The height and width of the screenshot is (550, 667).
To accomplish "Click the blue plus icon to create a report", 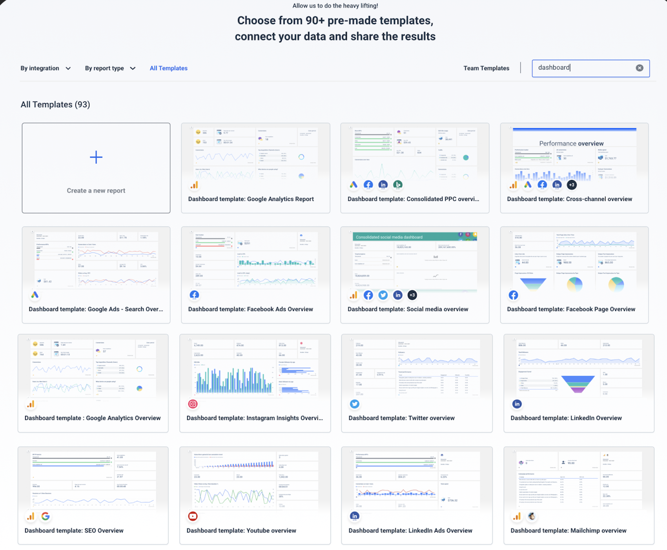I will click(96, 157).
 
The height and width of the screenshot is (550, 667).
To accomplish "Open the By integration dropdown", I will click(46, 68).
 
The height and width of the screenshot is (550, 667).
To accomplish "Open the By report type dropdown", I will click(110, 68).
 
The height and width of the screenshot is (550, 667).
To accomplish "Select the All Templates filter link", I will click(168, 68).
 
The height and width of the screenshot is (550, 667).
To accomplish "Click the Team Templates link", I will click(486, 68).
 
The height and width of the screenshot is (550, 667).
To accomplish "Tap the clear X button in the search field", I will click(639, 68).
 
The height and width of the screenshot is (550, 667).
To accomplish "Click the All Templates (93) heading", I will click(55, 105).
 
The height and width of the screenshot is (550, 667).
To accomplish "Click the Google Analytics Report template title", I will click(251, 199).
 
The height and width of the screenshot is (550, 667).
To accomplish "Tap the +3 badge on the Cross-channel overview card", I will click(572, 185).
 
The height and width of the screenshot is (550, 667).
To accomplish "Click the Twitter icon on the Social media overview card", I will click(383, 295).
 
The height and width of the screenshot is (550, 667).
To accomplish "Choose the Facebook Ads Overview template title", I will click(250, 309).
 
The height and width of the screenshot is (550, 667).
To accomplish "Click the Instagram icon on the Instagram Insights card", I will click(193, 404).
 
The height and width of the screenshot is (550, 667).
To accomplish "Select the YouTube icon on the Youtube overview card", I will click(193, 516).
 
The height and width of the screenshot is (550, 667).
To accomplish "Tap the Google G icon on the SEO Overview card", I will click(46, 516).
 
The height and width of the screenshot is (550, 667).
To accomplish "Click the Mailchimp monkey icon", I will click(532, 516).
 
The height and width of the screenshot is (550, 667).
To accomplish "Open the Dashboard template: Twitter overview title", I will click(401, 418).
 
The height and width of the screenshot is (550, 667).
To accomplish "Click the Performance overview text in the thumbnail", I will click(571, 143).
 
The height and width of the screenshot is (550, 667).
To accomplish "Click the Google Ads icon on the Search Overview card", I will click(35, 295).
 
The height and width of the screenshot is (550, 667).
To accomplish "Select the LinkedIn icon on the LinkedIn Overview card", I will click(517, 404).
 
